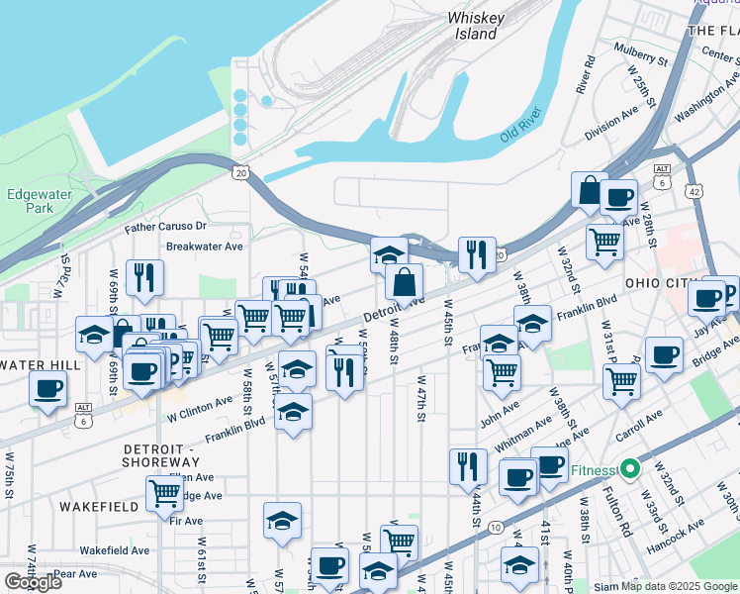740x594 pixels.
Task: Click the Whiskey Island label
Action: pos(477,26)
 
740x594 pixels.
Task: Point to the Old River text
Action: pos(524,124)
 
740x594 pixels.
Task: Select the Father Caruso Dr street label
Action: pos(163,227)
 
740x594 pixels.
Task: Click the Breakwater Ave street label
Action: pos(204,247)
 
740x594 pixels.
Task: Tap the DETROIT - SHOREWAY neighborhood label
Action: pos(161,455)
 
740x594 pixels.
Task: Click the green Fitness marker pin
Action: pos(630,469)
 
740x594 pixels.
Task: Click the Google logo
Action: pos(33,582)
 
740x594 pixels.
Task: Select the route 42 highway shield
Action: pos(696,190)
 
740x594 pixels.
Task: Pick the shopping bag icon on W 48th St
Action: pos(404,283)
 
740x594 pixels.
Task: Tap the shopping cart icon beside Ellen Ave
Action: pos(163,492)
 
